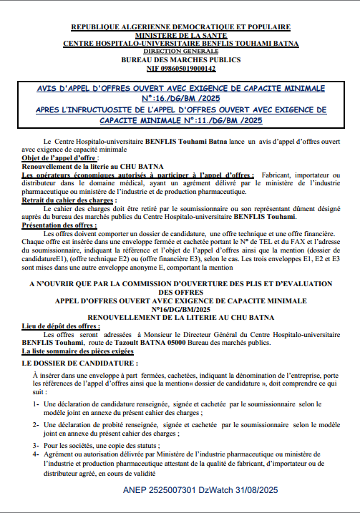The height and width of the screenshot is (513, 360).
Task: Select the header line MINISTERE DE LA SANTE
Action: (181, 34)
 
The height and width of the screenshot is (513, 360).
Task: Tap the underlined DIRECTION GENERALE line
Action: (181, 52)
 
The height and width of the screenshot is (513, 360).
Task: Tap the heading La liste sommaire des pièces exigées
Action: (77, 352)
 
